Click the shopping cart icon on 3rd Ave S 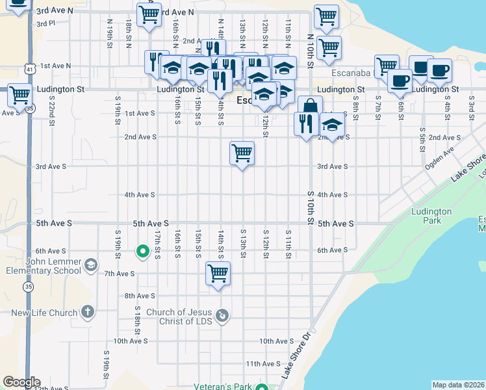pos(242,153)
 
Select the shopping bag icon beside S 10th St pos(310,107)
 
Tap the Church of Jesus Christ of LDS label pos(180,317)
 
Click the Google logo pos(21,382)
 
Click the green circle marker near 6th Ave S pos(141,251)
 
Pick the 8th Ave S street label pos(122,296)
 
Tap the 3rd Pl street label pos(46,23)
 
